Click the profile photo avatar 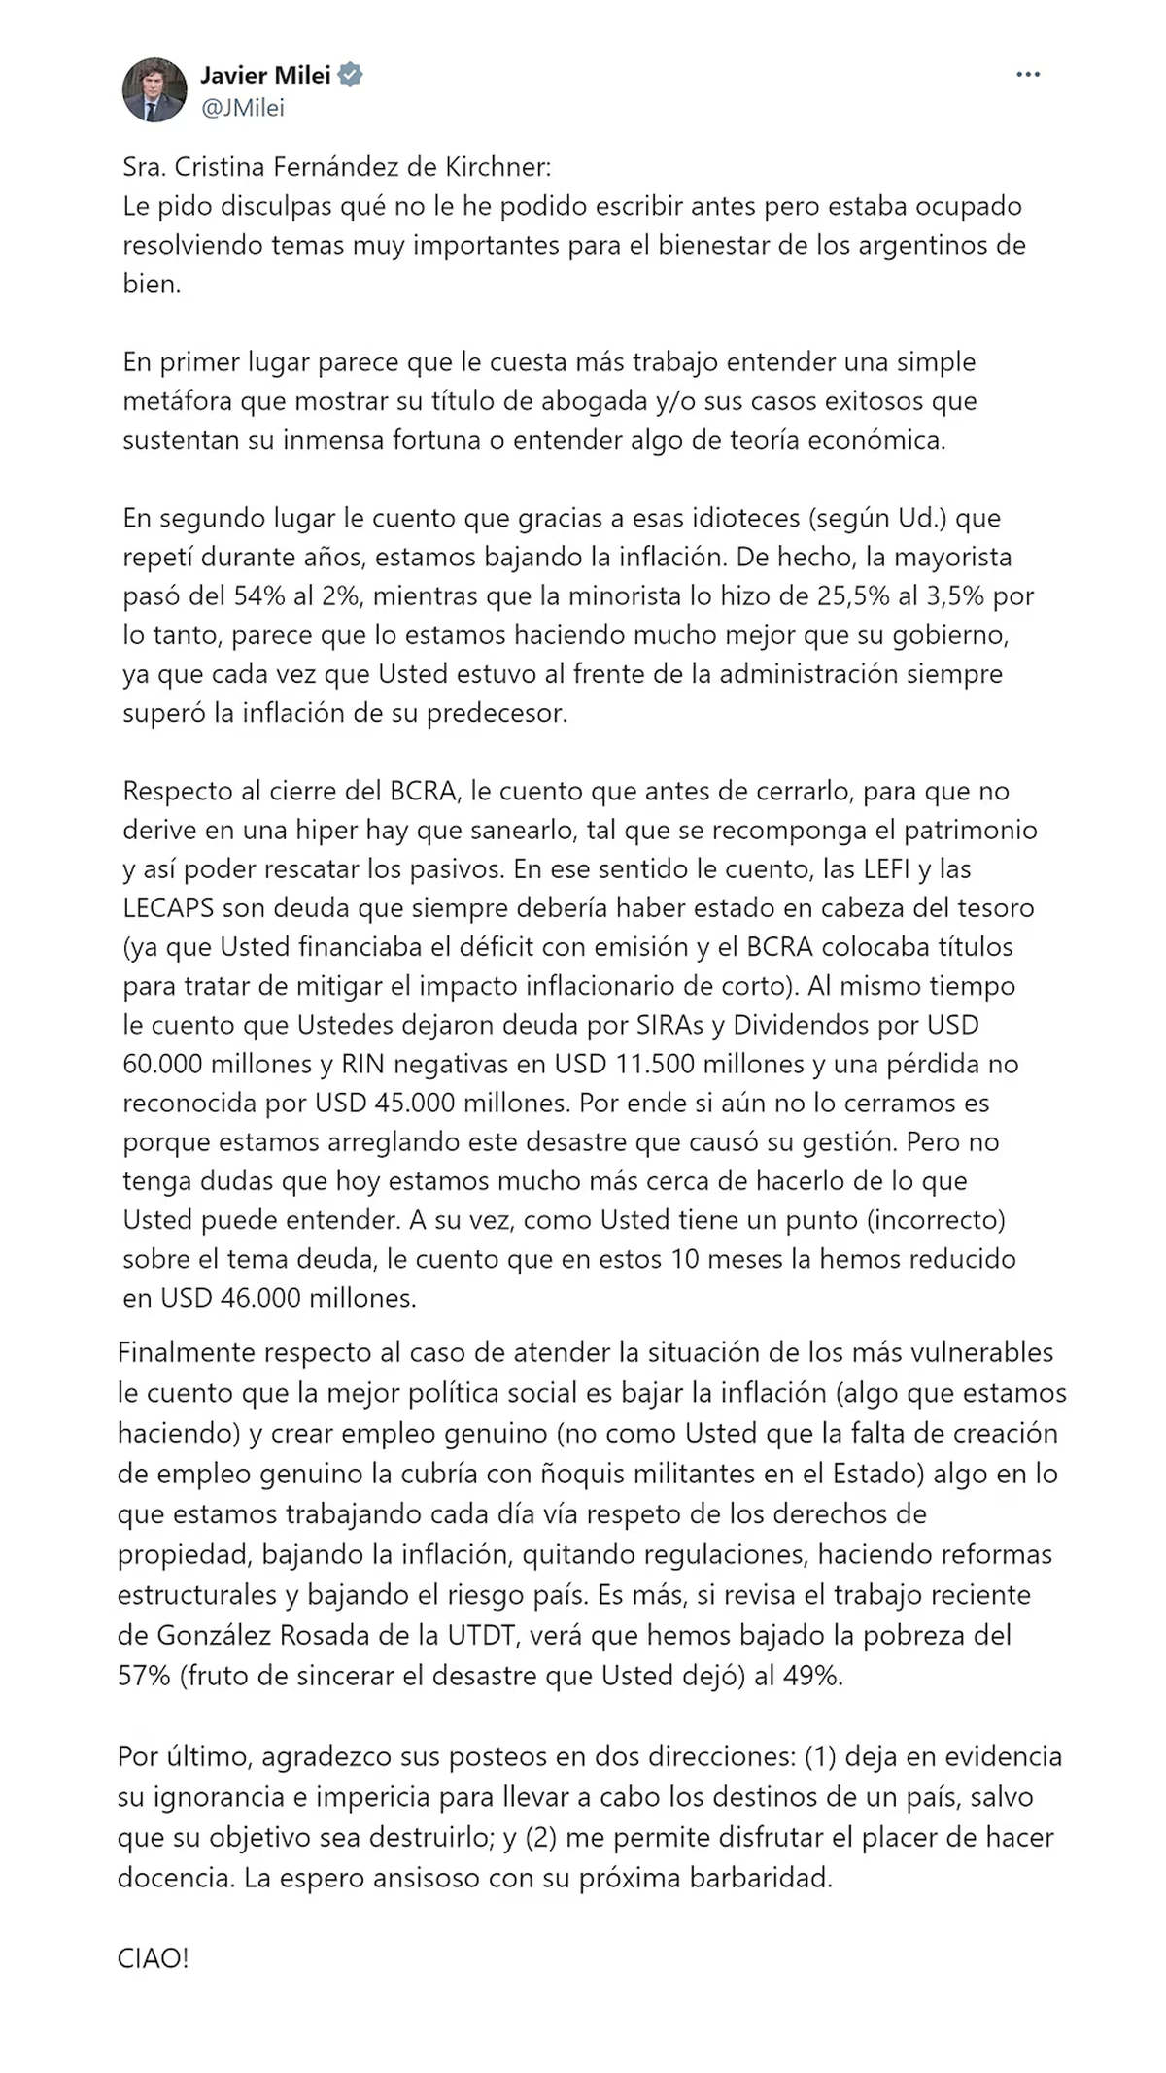154,90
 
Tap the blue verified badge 351,75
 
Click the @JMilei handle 242,108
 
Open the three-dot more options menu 1027,75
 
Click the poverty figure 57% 144,1676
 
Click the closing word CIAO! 153,1959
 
